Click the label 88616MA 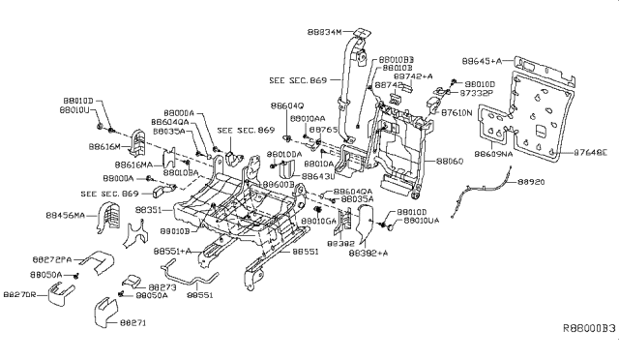145,165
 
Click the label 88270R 20,294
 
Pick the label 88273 162,286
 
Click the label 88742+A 415,75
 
